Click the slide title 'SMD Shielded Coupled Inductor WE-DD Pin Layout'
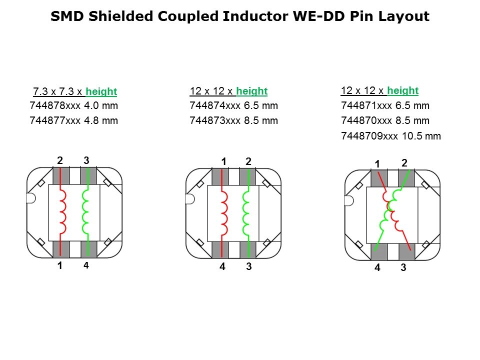240,16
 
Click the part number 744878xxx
55,105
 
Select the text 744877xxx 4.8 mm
74,120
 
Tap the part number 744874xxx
215,105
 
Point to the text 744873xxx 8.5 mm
233,120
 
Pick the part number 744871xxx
366,105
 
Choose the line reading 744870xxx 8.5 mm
385,120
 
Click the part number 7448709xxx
369,136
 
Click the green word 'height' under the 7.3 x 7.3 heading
101,91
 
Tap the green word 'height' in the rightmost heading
403,90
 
